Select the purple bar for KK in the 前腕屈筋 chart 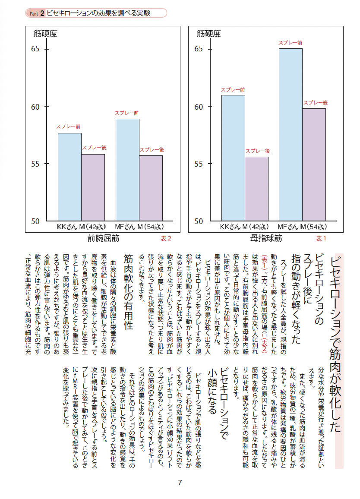(93, 187)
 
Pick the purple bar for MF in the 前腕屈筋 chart (151, 188)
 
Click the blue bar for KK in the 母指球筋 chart (233, 158)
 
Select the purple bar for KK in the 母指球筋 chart (256, 189)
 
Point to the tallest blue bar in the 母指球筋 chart (291, 135)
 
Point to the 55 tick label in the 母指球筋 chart (199, 164)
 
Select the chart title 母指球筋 (266, 238)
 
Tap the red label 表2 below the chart (166, 238)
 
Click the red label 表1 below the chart (321, 238)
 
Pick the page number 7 (180, 483)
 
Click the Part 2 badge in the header (37, 13)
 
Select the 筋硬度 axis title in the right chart (208, 33)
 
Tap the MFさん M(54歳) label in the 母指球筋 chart (301, 227)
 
